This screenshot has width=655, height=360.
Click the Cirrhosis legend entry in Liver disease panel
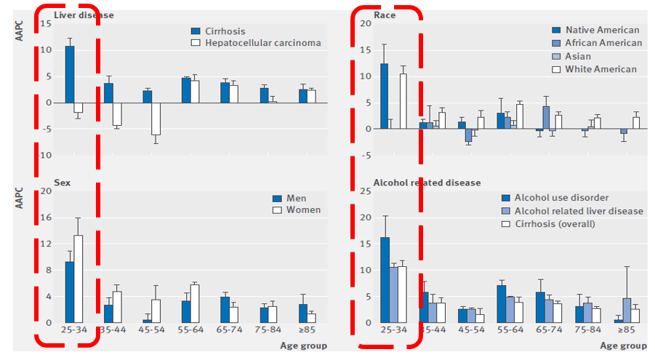click(x=224, y=31)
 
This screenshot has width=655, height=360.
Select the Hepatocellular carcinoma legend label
click(x=262, y=43)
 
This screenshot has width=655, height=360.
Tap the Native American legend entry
click(x=606, y=30)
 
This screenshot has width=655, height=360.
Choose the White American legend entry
click(x=606, y=69)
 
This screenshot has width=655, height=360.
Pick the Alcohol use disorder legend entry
click(x=561, y=198)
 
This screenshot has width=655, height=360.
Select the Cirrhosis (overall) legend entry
click(x=555, y=223)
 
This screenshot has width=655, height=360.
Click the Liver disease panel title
click(x=84, y=15)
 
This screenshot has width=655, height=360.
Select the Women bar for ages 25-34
click(x=78, y=279)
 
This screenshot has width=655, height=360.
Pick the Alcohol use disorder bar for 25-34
click(x=385, y=280)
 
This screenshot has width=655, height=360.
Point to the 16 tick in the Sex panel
click(x=47, y=217)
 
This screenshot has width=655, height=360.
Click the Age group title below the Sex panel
click(x=303, y=345)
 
